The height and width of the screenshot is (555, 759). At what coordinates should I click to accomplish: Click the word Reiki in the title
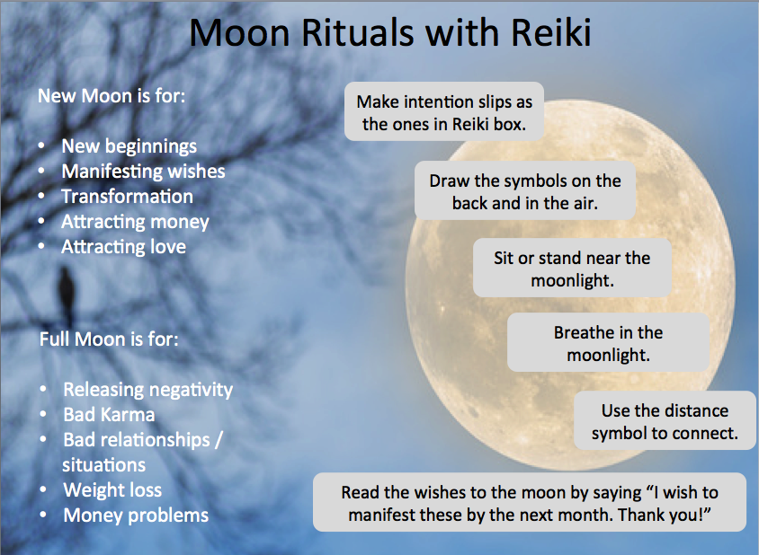[551, 33]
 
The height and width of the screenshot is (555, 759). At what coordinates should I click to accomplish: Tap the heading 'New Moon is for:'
[112, 96]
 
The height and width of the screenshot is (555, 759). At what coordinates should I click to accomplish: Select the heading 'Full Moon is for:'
[109, 339]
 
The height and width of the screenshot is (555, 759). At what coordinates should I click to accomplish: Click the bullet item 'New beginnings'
[129, 146]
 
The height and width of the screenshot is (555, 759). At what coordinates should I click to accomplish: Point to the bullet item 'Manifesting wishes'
[143, 172]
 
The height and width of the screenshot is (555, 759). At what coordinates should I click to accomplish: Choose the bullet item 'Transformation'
[128, 197]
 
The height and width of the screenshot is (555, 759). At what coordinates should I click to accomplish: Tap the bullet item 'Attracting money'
[135, 222]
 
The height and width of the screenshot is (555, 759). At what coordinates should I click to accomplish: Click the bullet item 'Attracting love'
[124, 247]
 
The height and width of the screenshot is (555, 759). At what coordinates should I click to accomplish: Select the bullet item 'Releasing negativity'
[148, 390]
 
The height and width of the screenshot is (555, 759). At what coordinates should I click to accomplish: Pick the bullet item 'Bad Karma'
[109, 414]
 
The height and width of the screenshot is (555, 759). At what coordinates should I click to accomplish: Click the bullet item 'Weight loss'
[112, 490]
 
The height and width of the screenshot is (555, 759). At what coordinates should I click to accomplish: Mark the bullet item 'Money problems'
[136, 515]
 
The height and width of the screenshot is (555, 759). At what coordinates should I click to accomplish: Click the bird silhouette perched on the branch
[67, 293]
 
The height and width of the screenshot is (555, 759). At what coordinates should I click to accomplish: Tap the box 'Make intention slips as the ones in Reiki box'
[444, 111]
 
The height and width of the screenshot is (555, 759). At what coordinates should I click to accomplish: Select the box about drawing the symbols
[525, 190]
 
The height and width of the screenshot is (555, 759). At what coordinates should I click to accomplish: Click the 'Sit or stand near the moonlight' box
[572, 268]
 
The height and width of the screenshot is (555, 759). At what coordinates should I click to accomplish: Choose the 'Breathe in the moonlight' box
[609, 342]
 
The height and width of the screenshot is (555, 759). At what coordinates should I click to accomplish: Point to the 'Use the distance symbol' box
[665, 420]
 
